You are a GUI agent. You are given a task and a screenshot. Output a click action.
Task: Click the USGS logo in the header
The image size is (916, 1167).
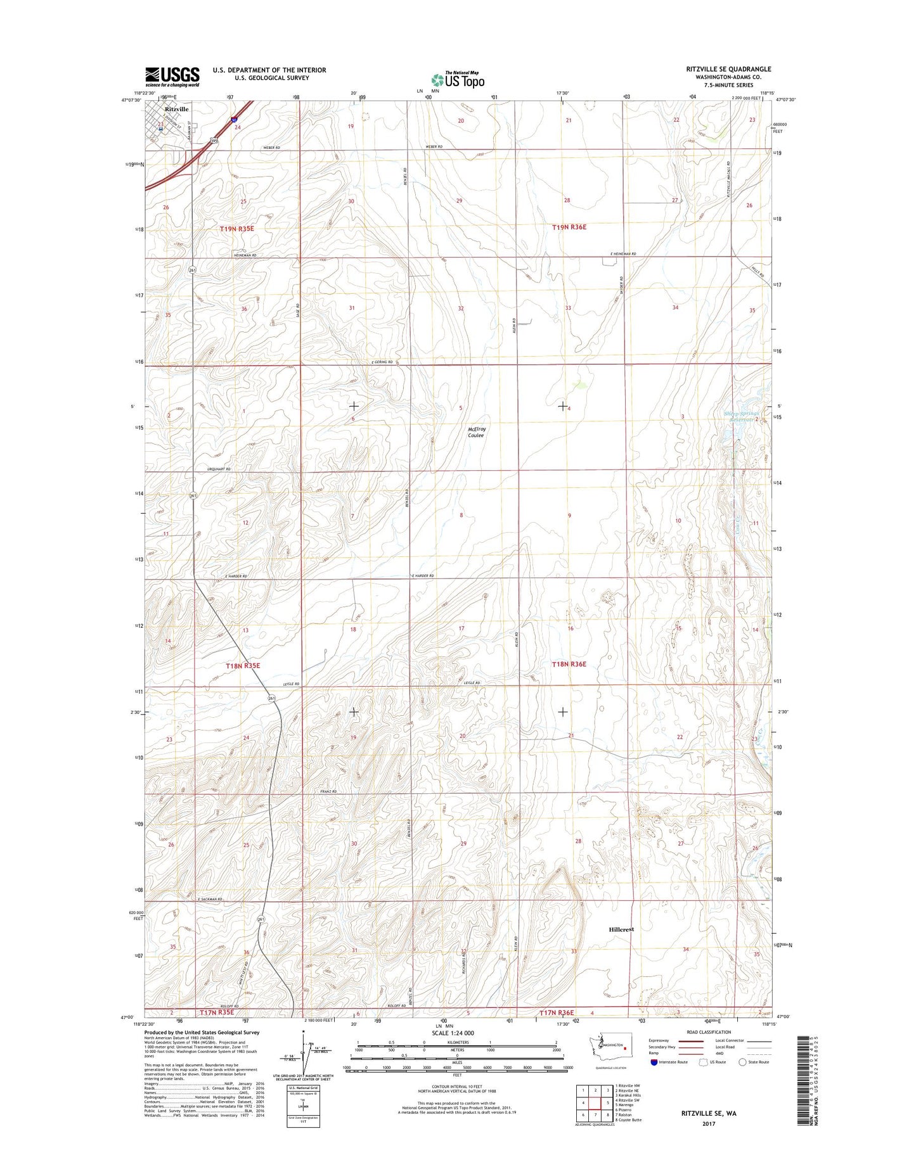pos(172,77)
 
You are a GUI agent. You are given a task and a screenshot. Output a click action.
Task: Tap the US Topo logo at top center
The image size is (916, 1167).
pos(458,80)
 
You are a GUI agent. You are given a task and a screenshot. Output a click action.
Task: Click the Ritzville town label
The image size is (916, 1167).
pos(176,109)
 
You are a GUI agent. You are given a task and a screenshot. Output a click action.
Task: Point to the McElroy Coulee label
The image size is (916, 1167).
pos(476,432)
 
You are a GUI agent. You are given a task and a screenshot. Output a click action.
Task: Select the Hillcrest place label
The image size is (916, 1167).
pos(621,929)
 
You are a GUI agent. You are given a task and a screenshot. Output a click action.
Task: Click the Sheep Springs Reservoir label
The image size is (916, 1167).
pos(740,417)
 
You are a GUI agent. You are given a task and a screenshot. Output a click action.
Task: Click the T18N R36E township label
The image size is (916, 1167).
pos(569,664)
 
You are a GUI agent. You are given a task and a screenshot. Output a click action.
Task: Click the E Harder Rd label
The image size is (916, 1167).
pos(423,576)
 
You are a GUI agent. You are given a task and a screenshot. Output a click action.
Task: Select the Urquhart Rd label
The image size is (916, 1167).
pos(219,469)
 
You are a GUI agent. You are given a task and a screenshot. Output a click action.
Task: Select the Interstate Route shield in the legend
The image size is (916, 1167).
pos(654,1080)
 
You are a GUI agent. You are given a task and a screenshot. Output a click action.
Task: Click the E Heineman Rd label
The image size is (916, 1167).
pos(622,254)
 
